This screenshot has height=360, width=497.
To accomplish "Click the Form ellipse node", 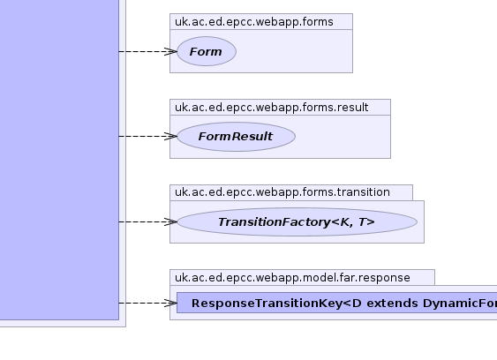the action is point(207,51).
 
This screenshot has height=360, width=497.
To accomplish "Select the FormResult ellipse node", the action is point(236,137).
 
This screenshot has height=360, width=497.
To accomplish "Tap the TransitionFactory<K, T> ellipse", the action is point(297,221).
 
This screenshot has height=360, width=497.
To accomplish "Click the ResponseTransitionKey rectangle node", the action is point(337,303).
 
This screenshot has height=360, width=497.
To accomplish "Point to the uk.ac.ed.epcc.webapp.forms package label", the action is point(254,22).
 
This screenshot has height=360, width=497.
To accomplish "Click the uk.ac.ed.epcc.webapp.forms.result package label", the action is point(272,108).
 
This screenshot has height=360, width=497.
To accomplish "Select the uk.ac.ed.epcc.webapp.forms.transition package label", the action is point(282,192).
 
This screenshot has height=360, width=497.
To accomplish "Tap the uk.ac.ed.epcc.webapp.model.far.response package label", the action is point(292,278).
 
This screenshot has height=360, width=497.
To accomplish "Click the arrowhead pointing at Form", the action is point(171,51).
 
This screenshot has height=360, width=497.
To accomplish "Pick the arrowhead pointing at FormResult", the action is point(171,136).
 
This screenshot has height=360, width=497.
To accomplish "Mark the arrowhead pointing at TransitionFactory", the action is point(171,221).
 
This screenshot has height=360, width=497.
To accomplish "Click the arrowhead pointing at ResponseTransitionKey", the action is point(171,303).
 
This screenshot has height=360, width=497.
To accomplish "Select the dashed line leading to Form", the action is point(147,51).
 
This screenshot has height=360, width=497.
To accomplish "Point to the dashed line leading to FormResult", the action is point(147,136).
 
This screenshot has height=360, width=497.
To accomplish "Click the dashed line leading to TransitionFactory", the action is point(147,221).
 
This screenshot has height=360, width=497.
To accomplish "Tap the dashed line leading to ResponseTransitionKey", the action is point(147,303).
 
